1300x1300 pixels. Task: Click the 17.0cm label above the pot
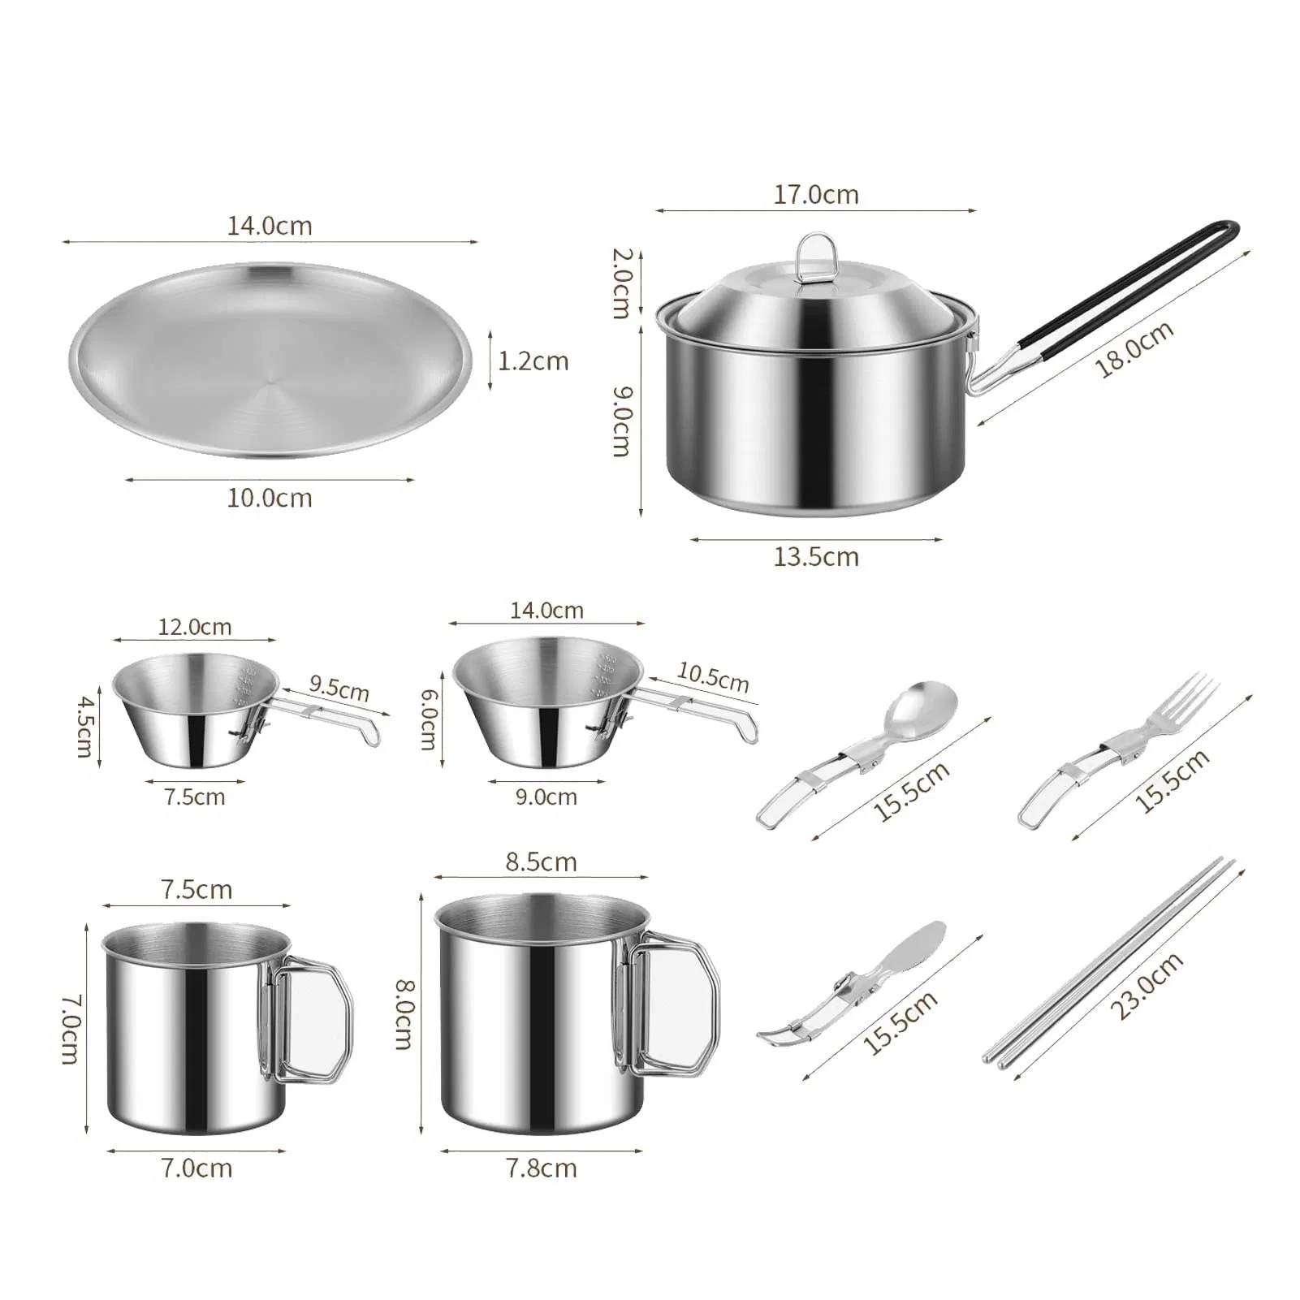coord(815,195)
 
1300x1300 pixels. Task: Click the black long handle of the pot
coord(1137,293)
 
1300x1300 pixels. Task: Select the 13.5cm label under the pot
coord(815,557)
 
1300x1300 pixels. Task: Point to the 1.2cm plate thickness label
coord(533,361)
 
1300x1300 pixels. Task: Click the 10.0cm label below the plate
coord(269,498)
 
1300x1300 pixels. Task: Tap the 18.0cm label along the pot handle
coord(1134,349)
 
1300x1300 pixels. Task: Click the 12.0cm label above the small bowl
coord(194,627)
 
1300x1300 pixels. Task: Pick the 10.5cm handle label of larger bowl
coord(712,677)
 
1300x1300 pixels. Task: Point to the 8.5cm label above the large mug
coord(541,862)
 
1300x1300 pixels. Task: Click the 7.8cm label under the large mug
coord(541,1168)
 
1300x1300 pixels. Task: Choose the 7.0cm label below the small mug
coord(196,1168)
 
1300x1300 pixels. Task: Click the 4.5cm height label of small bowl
coord(84,725)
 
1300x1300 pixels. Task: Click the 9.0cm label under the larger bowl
coord(546,797)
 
